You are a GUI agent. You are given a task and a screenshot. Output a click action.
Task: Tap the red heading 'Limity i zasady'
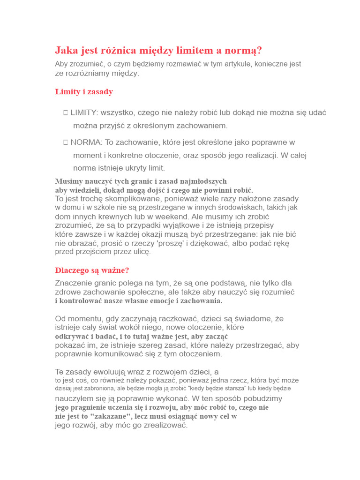point(84,92)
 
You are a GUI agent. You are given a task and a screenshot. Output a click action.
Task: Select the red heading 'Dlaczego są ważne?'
point(92,270)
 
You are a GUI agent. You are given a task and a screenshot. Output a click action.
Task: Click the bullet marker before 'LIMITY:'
point(66,112)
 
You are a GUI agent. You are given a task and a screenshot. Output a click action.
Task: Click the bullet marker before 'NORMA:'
point(66,142)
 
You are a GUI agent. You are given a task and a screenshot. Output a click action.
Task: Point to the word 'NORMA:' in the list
point(86,142)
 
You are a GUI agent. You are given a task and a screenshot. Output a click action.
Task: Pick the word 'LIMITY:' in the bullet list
point(85,112)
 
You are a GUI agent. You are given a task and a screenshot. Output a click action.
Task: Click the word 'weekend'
point(172,217)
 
